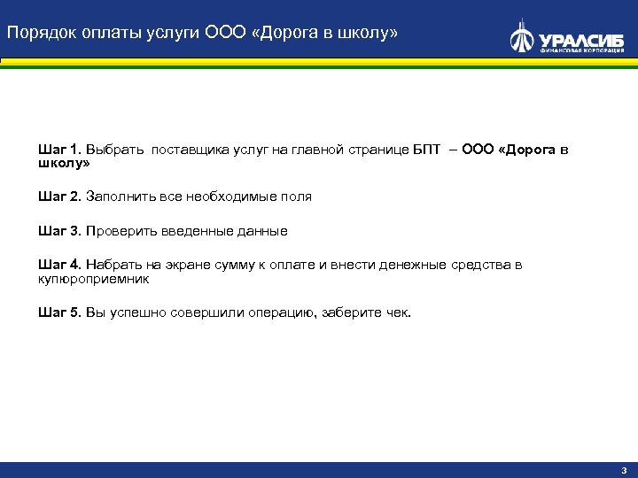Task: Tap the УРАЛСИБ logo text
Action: point(581,39)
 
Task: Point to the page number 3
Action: point(623,470)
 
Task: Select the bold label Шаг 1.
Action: point(58,150)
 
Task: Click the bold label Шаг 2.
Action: point(58,197)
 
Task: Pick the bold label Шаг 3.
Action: point(58,231)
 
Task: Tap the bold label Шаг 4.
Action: point(58,265)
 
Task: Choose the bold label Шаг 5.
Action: point(58,312)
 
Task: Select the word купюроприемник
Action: point(94,278)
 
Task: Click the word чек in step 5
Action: point(398,312)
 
